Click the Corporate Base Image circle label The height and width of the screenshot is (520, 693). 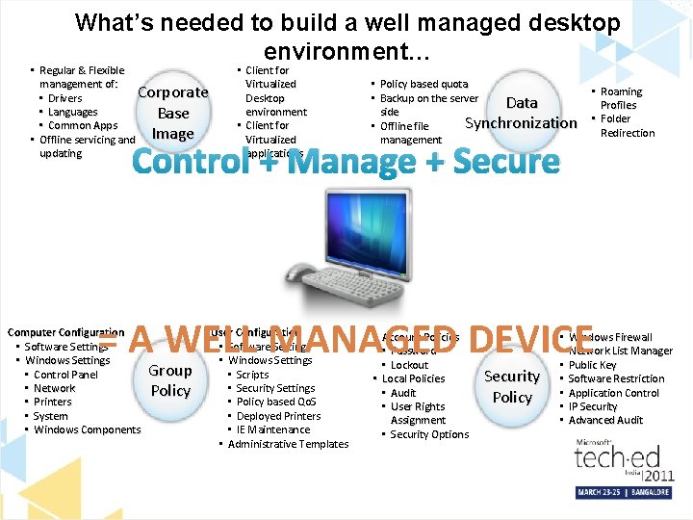[173, 113]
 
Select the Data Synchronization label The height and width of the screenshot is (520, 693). [521, 113]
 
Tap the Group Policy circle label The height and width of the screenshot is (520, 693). [170, 380]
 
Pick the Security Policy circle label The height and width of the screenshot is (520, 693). [512, 386]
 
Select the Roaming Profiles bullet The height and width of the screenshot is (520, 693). [619, 98]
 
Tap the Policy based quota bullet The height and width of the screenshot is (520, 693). [423, 84]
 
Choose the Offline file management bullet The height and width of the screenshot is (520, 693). [409, 133]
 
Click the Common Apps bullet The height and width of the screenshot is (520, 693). [82, 125]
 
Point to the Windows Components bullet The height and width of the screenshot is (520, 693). [87, 429]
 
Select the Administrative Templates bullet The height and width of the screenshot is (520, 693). [288, 444]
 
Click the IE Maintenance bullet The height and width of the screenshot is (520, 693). [272, 429]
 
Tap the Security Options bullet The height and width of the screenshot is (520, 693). [428, 434]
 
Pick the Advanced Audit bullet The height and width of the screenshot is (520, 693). [605, 420]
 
